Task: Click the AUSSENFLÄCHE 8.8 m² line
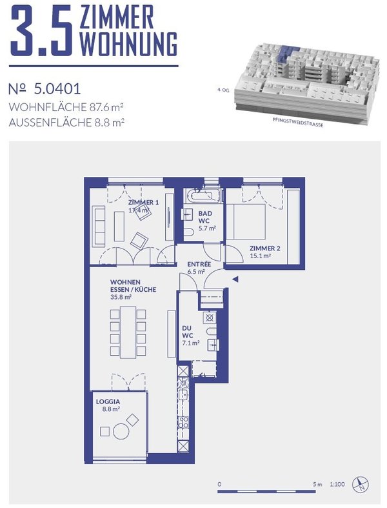pos(68,121)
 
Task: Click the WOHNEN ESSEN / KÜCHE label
pos(133,290)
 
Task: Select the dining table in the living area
pos(126,331)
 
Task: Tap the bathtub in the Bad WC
pos(203,195)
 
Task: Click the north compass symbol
pos(362,483)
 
